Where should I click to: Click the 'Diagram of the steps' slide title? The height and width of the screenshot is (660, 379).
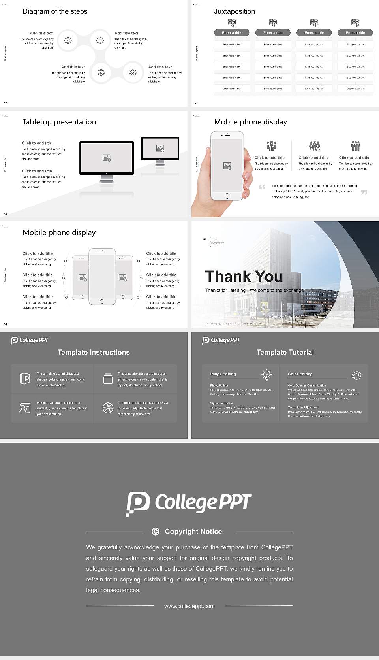[55, 11]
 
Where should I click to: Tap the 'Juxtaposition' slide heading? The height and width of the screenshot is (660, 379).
[234, 11]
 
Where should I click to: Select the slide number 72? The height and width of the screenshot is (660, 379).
[5, 103]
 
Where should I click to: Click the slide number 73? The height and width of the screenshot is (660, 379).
[197, 103]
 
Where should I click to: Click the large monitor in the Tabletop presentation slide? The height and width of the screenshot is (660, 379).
[107, 158]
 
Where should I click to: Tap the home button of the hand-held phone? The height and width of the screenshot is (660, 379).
[227, 196]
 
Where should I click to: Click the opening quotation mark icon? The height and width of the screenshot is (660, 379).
[262, 187]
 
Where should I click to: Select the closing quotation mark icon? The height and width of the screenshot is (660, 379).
[364, 192]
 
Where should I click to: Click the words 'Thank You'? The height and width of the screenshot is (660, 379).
[244, 277]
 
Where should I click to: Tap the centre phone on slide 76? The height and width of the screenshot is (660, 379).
[102, 277]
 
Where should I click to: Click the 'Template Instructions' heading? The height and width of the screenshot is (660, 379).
[94, 352]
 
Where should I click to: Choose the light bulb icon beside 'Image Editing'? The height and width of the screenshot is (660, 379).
[266, 375]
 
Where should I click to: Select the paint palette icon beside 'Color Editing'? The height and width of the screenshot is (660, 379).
[356, 375]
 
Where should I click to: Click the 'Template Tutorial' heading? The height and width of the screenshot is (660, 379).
[285, 352]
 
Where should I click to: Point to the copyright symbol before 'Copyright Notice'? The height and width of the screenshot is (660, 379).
[156, 532]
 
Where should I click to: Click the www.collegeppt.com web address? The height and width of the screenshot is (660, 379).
[189, 606]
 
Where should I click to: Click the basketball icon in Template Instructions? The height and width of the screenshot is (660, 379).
[108, 408]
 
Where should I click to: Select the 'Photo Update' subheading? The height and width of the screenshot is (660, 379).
[219, 385]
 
